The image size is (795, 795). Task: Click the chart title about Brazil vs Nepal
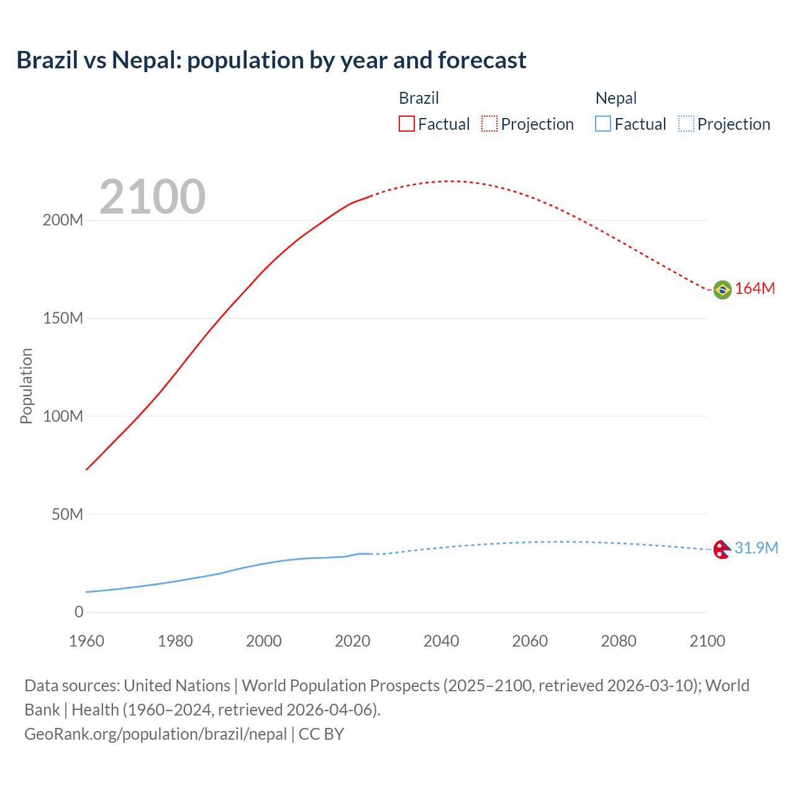point(271,60)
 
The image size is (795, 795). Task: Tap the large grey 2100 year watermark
point(152,197)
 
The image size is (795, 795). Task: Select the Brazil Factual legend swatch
point(406,124)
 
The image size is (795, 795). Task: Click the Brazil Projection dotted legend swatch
point(489,124)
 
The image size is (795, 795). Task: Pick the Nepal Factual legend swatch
point(602,124)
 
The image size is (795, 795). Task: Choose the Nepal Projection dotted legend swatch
point(686,124)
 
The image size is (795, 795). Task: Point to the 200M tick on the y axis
point(63,220)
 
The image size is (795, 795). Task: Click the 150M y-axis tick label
point(63,318)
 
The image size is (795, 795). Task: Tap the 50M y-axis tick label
point(67,514)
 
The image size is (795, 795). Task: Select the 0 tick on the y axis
point(79,612)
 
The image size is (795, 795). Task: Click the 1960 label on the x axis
point(86,641)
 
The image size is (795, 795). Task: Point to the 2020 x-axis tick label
point(352,641)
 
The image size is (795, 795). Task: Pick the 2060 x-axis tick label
point(530,641)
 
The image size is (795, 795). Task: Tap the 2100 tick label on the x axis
point(707,641)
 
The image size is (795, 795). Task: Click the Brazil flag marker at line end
point(722,289)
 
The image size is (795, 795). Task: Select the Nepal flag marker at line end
point(721,549)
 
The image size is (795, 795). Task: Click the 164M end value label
point(755,289)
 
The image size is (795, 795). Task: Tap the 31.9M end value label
point(756,548)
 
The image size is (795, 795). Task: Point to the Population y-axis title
point(26,386)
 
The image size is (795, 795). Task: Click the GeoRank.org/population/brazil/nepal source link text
point(155,734)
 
